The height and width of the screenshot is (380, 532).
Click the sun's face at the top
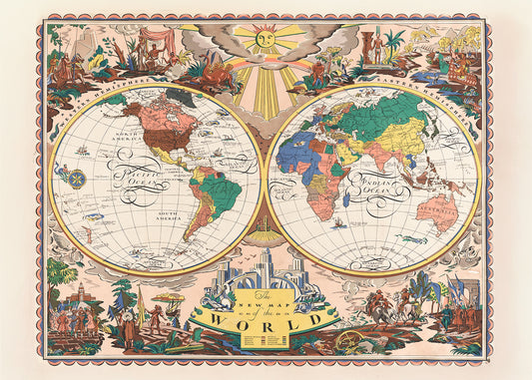[266, 39]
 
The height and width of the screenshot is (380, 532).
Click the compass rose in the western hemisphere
[76, 180]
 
